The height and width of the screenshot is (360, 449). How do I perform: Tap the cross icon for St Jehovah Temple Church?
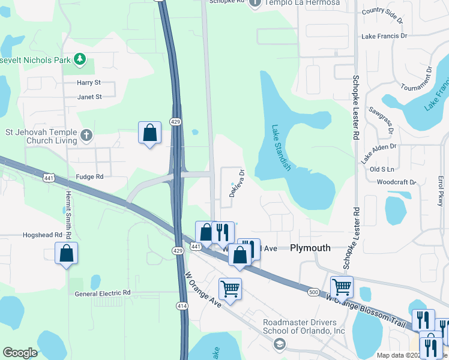(x=86, y=135)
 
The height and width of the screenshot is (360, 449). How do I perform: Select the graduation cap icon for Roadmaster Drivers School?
(x=279, y=344)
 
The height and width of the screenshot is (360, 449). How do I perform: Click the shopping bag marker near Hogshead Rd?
(x=67, y=253)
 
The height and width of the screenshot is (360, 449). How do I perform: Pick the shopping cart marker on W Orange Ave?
(x=230, y=289)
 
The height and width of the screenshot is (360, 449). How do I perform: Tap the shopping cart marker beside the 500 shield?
(x=342, y=287)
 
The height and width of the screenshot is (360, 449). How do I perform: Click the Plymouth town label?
(x=310, y=248)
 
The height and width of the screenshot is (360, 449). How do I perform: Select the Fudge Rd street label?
(x=90, y=176)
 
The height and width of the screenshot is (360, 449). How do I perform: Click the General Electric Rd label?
(x=103, y=293)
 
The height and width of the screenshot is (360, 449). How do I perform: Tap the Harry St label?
(x=89, y=82)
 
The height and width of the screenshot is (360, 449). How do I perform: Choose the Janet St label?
(x=89, y=96)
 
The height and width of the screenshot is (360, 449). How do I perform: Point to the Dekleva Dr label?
(x=237, y=183)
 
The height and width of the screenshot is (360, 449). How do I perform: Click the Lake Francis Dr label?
(x=384, y=36)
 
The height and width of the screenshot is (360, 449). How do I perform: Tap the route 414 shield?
(x=182, y=306)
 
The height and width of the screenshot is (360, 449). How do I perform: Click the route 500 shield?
(x=313, y=292)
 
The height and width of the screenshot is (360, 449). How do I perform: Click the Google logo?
(x=20, y=353)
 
